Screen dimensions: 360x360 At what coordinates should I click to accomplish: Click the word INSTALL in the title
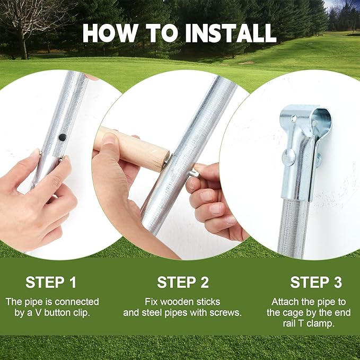click(231, 33)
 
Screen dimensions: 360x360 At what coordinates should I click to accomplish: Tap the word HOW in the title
click(110, 33)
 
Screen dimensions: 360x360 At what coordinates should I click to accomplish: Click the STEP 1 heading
click(51, 282)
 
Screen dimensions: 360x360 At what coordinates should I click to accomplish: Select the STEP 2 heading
click(183, 282)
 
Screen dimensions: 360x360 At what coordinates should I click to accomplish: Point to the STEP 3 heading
click(316, 282)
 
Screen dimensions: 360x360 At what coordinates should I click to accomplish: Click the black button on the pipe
click(63, 137)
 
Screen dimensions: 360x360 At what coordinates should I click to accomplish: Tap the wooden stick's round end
click(162, 160)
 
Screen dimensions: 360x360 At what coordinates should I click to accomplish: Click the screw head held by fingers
click(195, 173)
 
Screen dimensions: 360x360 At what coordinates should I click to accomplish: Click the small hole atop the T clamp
click(294, 118)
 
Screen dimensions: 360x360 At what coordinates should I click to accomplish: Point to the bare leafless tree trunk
click(24, 47)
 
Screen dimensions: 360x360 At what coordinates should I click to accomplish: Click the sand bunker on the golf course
click(247, 63)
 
